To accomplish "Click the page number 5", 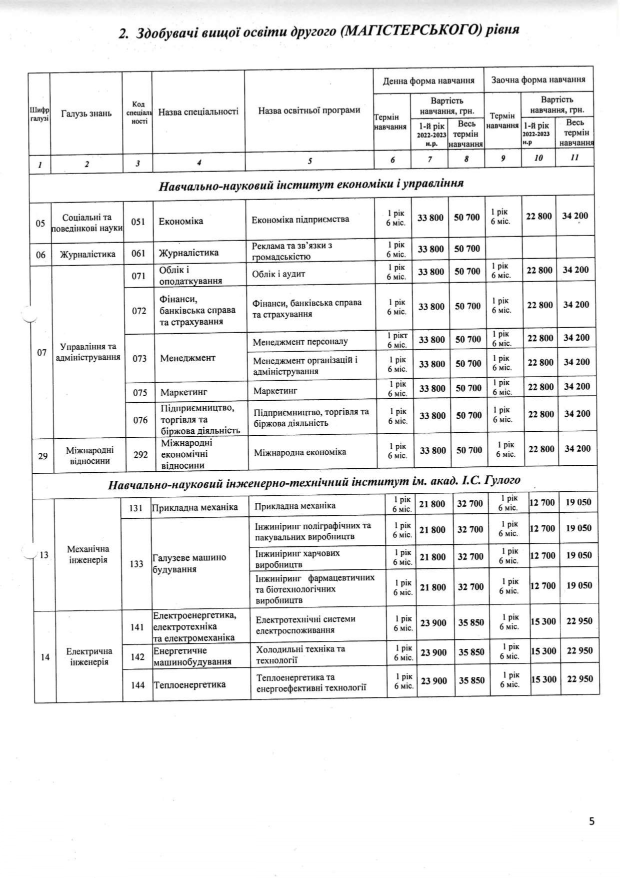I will (x=591, y=820).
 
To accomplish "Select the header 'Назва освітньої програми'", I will (x=309, y=111).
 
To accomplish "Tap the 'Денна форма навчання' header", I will (x=428, y=81).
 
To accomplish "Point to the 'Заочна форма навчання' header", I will (x=538, y=80).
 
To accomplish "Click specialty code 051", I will (x=138, y=221).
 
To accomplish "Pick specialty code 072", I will (x=139, y=311).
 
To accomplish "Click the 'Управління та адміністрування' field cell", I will (x=88, y=352).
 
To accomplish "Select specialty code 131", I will (x=136, y=508).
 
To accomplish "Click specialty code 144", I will (x=138, y=685).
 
